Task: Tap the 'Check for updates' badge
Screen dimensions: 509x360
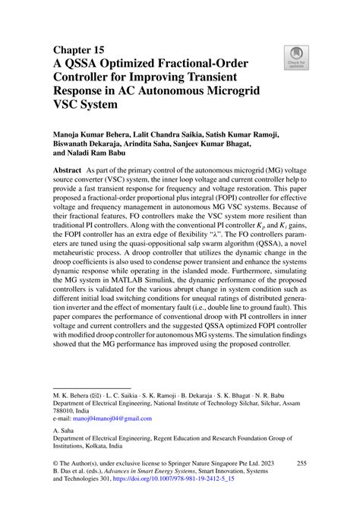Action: [x=292, y=57]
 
